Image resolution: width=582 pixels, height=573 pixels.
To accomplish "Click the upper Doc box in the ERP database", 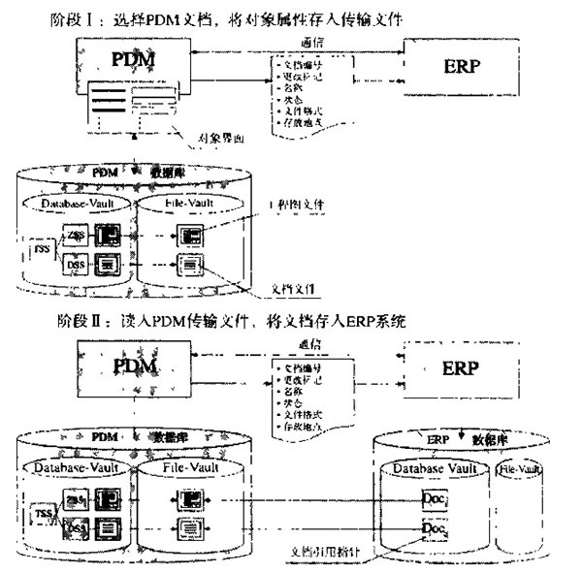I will click(x=436, y=499).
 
